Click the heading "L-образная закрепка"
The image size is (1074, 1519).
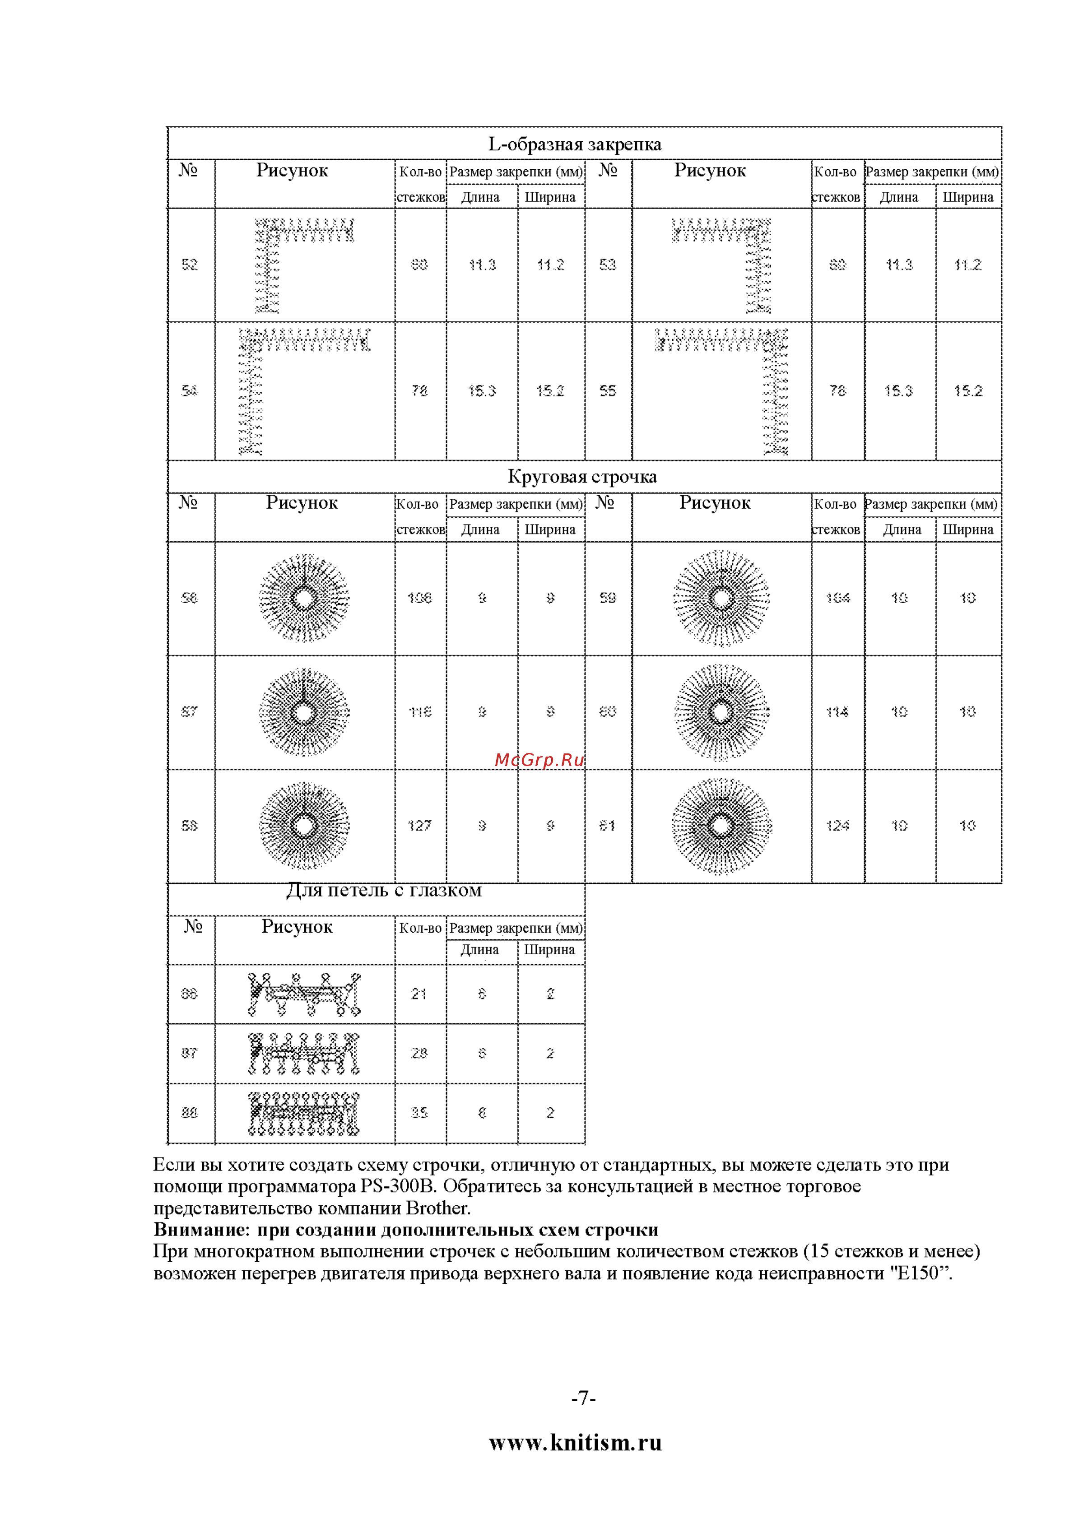(574, 144)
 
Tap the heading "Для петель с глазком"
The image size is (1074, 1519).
(384, 891)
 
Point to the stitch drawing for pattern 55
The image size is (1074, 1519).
(721, 390)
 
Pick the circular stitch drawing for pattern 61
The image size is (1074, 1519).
(721, 826)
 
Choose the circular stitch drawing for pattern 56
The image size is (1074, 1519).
(304, 598)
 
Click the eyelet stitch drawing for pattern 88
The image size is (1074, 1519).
(304, 1114)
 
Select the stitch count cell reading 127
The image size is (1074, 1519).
(419, 826)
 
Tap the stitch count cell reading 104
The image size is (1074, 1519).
(837, 598)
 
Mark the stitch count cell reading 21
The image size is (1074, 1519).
(419, 994)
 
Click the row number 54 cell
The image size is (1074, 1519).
(190, 390)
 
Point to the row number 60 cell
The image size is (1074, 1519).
(608, 712)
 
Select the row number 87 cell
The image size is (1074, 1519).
(190, 1053)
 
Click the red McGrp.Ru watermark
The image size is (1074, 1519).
(539, 760)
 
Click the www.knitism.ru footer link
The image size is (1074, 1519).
(575, 1443)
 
